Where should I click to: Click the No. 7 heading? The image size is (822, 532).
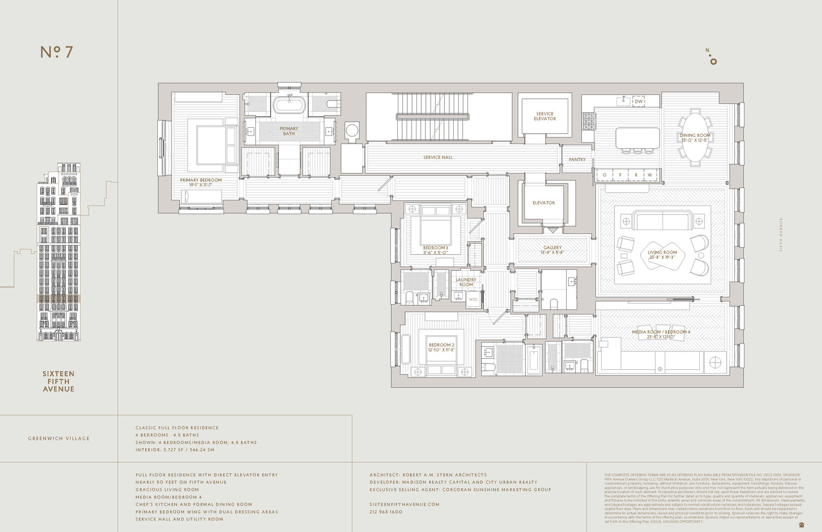tap(56, 52)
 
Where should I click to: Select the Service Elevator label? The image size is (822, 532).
tap(545, 116)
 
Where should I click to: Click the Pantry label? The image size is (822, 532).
tap(577, 159)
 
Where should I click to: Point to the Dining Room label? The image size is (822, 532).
tap(695, 138)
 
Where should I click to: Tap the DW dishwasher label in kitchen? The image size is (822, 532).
tap(638, 101)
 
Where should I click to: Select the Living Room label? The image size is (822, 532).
tap(662, 255)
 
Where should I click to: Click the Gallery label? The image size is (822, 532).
tap(552, 250)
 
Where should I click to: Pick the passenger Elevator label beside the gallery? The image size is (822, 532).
tap(544, 203)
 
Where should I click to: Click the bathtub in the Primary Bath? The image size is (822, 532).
tap(289, 104)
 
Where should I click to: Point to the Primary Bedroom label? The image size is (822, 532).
tap(201, 182)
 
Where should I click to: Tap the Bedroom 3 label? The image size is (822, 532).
tap(436, 250)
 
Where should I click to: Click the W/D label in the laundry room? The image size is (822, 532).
tap(473, 300)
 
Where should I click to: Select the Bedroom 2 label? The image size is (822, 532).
tap(442, 347)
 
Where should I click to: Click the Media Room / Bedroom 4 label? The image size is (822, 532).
tap(661, 334)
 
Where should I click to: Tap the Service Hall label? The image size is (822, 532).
tap(438, 157)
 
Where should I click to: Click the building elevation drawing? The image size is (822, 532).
tap(59, 252)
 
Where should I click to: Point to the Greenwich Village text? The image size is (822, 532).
tap(59, 438)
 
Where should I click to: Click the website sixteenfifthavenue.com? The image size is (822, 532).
tap(404, 504)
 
